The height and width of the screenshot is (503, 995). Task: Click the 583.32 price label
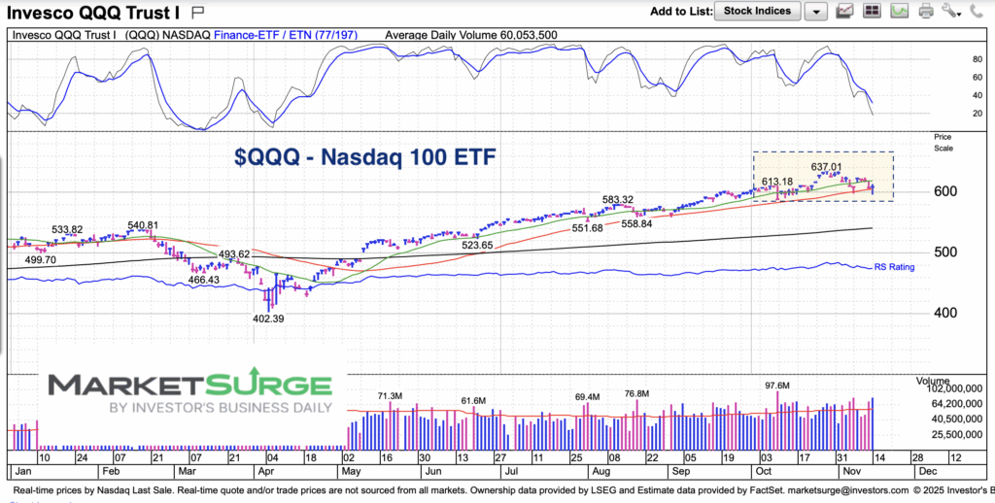click(x=617, y=199)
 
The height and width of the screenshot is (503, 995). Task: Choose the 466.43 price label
click(x=201, y=280)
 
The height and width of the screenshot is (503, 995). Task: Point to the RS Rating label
click(x=893, y=266)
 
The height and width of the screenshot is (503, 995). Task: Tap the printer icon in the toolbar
click(x=924, y=12)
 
